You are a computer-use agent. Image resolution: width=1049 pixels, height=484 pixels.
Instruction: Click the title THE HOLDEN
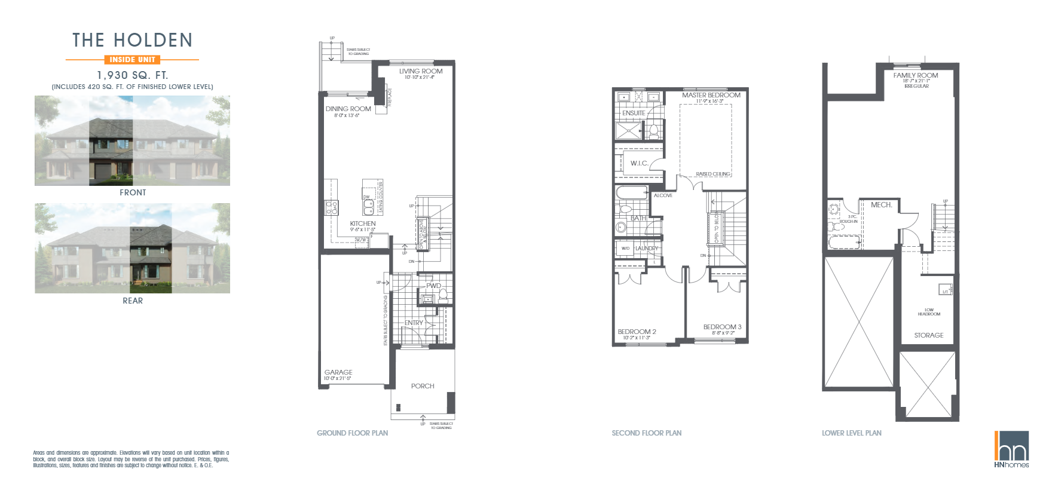pos(132,40)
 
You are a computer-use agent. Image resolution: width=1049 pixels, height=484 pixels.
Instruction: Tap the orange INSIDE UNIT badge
pos(132,59)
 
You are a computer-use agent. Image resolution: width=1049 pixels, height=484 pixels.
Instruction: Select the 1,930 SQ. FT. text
pos(132,75)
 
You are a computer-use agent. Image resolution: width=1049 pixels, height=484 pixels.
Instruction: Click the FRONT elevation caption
pos(132,192)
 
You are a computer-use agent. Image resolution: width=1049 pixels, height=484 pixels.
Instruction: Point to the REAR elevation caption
pos(132,301)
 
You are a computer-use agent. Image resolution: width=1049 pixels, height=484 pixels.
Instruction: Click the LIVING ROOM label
pos(421,71)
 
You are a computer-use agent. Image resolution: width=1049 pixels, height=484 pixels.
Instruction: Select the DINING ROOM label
pos(348,109)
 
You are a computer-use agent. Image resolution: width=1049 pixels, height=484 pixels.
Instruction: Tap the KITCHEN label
pos(363,223)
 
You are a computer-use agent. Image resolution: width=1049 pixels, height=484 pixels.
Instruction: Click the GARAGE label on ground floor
pos(338,372)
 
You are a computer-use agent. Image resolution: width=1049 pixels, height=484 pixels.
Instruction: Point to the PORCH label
pos(423,386)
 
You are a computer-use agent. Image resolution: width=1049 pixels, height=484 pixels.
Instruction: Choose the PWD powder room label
pos(433,286)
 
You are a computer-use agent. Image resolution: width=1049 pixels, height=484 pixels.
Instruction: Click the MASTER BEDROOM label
pos(711,95)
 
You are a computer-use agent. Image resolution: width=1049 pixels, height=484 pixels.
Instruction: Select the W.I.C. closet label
pos(639,163)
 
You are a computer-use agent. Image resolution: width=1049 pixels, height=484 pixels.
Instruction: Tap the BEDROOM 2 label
pos(637,332)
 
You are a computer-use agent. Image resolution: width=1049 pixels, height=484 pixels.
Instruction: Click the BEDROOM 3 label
pos(722,327)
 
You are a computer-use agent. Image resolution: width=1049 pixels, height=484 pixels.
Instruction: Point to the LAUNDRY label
pos(646,248)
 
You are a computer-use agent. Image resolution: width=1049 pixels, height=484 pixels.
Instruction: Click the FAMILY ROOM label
pos(916,75)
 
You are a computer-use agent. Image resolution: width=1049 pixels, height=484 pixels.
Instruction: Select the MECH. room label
pos(881,205)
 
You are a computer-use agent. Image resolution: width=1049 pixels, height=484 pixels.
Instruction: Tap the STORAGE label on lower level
pos(928,335)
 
